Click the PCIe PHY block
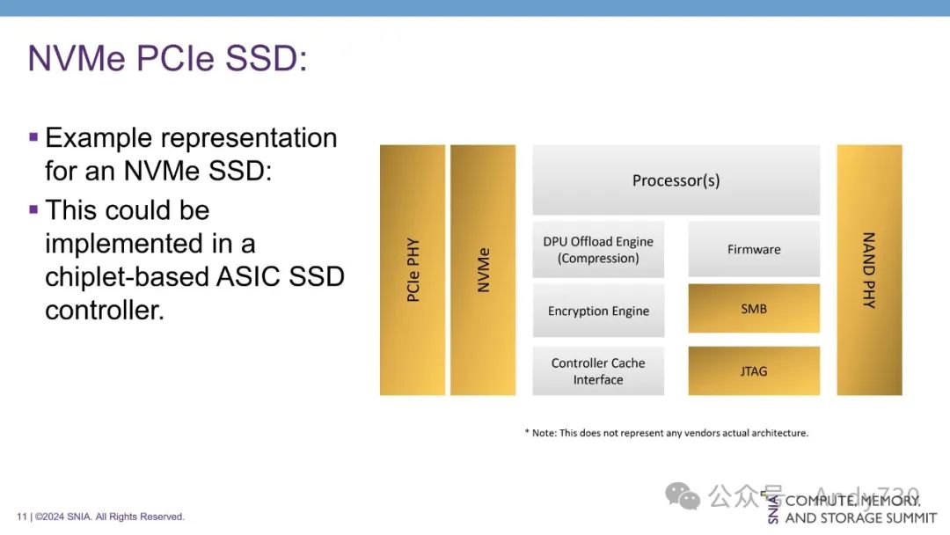point(413,270)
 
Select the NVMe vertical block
point(483,270)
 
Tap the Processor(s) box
point(676,180)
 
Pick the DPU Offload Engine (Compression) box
point(598,250)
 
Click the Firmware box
point(754,249)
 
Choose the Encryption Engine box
point(598,311)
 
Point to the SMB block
point(754,308)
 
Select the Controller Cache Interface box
point(598,370)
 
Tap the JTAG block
point(754,370)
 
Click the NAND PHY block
point(869,270)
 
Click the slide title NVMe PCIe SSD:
point(168,58)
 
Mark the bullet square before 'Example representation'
point(33,137)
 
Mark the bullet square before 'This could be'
point(33,209)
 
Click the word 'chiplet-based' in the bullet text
point(128,277)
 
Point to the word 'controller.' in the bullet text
point(105,311)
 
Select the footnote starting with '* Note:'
point(667,433)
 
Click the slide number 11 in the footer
point(22,517)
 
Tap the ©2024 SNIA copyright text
point(110,517)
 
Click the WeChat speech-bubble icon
point(683,496)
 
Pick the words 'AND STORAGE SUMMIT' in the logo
point(861,518)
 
